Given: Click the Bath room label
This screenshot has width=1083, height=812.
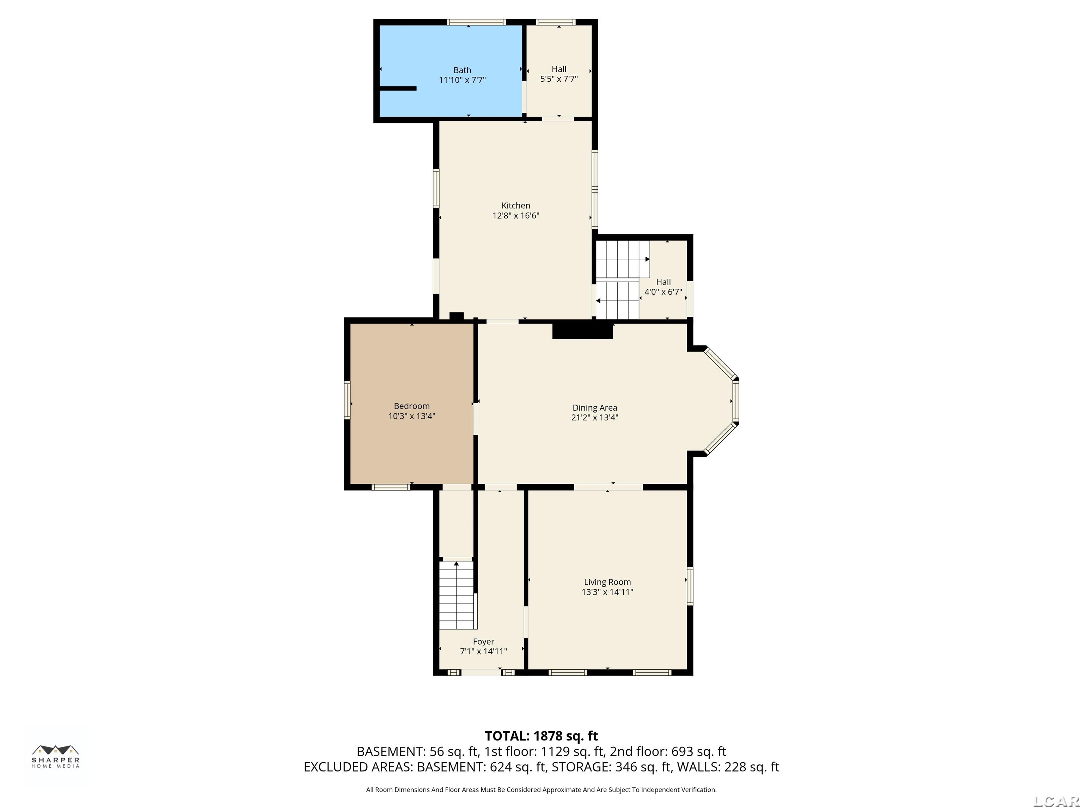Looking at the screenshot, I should tap(462, 70).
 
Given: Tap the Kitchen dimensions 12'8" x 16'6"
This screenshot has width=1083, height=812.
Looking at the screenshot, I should tap(515, 215).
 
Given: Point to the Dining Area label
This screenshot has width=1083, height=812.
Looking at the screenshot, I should tap(594, 408).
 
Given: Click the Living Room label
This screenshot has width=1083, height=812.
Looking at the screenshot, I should tap(607, 582).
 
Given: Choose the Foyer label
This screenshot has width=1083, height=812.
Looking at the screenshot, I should tap(483, 641).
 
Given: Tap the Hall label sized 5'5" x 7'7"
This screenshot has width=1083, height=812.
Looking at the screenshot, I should tap(559, 69).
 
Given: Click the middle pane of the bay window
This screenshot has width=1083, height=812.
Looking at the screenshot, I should tap(735, 401).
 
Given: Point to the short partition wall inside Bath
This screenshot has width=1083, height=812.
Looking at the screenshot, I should tap(398, 88).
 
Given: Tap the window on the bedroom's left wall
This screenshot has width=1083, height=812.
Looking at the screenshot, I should tap(347, 400).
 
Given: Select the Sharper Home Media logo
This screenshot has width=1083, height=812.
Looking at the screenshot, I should tap(55, 756).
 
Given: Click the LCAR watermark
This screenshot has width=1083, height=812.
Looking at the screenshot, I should tap(1056, 801).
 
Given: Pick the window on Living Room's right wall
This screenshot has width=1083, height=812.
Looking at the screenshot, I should tap(690, 585).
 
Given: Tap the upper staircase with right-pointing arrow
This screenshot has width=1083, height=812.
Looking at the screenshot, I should tap(622, 259).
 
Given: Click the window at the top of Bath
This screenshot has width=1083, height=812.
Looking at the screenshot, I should tap(476, 22).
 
